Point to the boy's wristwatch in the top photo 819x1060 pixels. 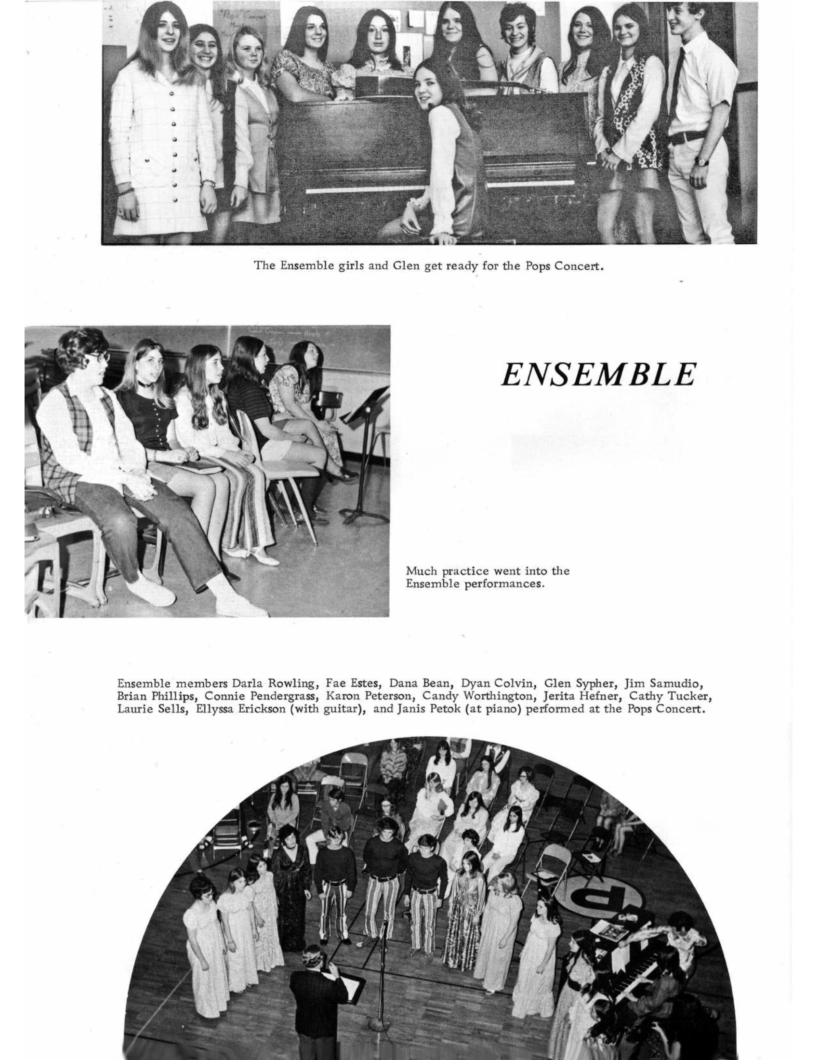coord(700,160)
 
